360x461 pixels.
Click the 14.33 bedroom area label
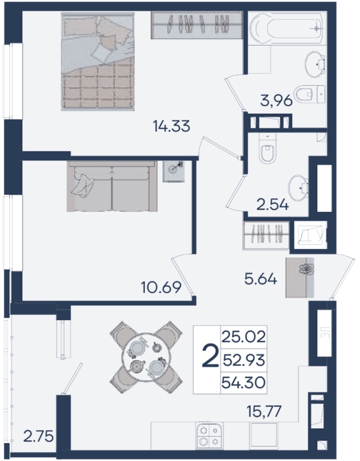point(172,126)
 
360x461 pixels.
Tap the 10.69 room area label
point(161,287)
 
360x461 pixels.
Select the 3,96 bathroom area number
point(276,101)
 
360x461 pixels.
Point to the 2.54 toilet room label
point(272,205)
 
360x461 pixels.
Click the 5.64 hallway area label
point(261,279)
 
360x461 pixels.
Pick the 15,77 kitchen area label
point(264,411)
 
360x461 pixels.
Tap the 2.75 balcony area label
point(38,436)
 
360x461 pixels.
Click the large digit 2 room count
point(211,356)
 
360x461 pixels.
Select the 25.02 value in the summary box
point(244,337)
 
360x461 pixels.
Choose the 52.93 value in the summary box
point(244,360)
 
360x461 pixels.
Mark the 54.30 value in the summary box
point(244,383)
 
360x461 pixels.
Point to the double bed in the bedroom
point(97,61)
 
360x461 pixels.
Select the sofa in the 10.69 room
point(112,186)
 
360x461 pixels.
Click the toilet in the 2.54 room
point(267,148)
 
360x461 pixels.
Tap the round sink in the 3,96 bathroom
point(315,64)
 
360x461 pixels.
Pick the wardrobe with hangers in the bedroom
point(197,25)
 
